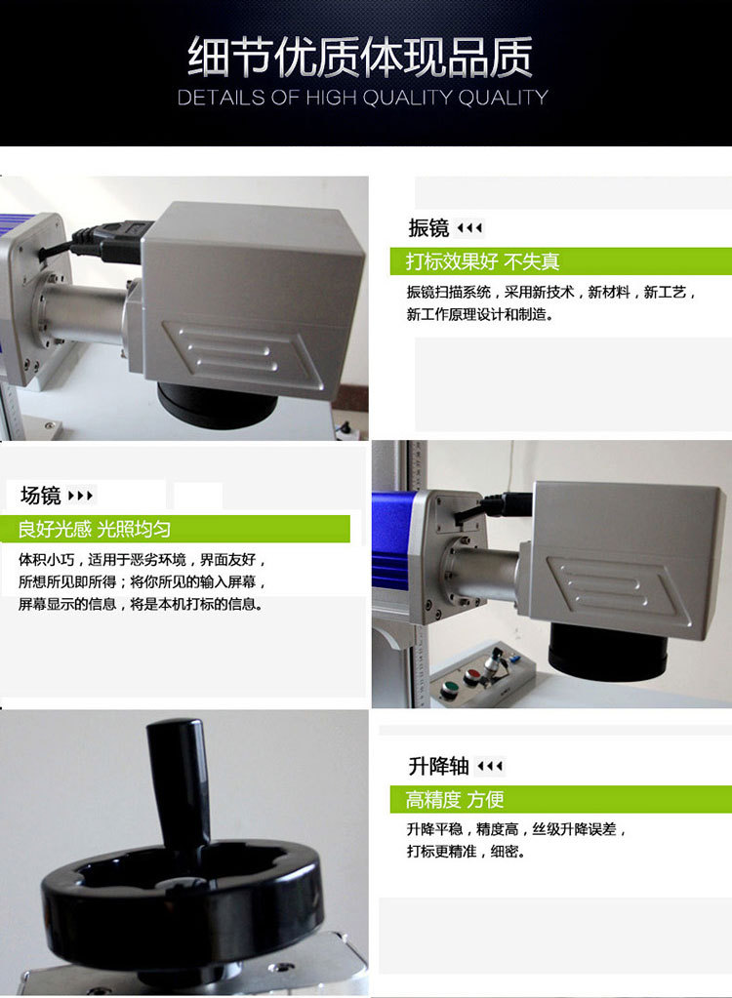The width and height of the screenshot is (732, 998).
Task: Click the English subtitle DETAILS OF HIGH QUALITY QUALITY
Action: (362, 98)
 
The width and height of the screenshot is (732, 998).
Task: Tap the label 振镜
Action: (428, 228)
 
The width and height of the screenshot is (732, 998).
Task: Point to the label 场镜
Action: (40, 495)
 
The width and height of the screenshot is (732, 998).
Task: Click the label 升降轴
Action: (439, 766)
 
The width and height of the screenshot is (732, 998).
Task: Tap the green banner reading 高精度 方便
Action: (455, 800)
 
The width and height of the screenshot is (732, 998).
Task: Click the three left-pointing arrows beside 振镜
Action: (469, 228)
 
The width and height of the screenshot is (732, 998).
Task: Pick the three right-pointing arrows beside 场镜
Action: (81, 496)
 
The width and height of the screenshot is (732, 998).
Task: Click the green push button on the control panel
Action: (450, 689)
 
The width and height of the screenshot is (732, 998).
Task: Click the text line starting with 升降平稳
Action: (516, 830)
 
